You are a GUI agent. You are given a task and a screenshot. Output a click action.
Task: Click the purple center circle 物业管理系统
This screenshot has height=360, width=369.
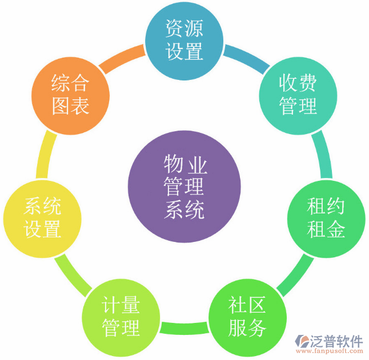click(x=185, y=187)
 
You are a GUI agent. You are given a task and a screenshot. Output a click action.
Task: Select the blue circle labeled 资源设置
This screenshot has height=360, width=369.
click(x=184, y=41)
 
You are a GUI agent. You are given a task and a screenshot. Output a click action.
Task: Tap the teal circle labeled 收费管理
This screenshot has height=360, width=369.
click(x=298, y=96)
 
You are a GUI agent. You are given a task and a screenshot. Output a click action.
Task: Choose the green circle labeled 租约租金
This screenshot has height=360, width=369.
click(x=326, y=219)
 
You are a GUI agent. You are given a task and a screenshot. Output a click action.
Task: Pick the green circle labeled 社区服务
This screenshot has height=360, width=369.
click(x=247, y=318)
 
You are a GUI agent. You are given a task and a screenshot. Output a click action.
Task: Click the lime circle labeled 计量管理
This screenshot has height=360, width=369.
click(x=121, y=318)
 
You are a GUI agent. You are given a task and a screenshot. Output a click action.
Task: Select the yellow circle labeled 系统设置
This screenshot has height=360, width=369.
click(x=42, y=219)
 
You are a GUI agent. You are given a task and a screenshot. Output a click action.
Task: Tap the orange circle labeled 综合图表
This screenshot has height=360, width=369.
click(x=71, y=96)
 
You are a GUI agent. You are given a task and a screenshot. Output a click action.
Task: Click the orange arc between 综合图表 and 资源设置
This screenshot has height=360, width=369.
click(x=122, y=58)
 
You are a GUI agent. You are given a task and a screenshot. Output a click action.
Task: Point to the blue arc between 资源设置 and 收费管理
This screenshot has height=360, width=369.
click(x=247, y=58)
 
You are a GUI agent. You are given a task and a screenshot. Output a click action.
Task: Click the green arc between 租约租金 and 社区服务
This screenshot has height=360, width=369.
click(x=296, y=276)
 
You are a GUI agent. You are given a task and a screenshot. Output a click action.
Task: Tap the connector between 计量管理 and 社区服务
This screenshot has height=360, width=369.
click(x=185, y=328)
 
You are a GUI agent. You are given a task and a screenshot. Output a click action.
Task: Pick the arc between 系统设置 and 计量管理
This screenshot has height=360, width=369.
click(x=73, y=276)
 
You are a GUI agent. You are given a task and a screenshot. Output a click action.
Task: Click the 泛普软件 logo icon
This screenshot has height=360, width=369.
click(x=302, y=341)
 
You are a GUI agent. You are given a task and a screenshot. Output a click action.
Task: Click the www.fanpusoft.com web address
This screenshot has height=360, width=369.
click(x=330, y=351)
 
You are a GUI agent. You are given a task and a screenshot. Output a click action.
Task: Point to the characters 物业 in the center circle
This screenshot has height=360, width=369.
click(x=186, y=164)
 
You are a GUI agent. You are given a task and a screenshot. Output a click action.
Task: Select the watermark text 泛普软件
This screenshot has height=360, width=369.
click(x=337, y=341)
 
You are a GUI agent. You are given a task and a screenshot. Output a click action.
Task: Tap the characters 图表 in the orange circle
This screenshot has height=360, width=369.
click(x=71, y=107)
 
